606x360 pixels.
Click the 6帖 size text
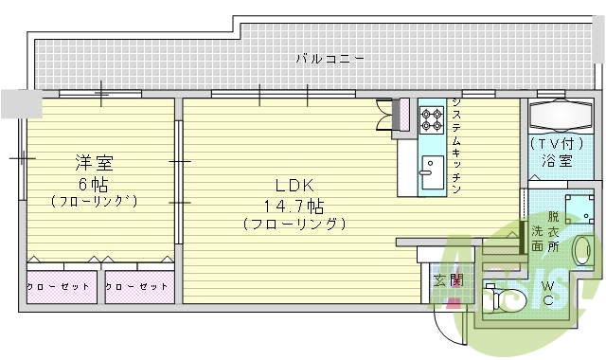point(95,182)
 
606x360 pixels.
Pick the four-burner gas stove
point(432,119)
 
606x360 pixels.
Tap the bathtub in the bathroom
point(561,117)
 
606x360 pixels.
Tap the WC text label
point(549,293)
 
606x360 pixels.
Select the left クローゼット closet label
point(59,286)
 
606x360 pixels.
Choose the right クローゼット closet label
point(137,286)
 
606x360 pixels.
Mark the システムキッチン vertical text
point(456,145)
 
